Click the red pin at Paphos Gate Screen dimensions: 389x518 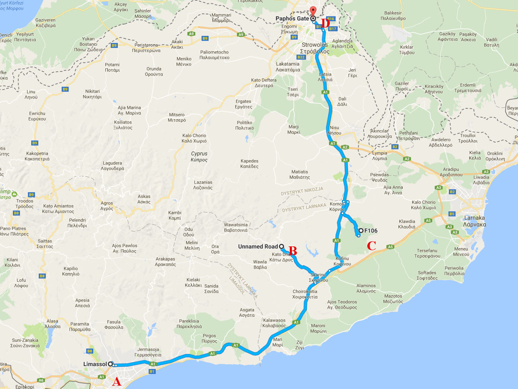313,12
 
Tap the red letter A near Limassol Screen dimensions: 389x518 117,382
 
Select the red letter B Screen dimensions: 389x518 293,250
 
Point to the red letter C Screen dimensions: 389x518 371,246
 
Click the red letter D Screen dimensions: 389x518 325,23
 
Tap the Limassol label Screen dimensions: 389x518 95,364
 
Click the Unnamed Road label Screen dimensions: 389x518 258,246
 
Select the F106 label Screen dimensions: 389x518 371,230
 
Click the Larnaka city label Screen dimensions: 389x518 475,221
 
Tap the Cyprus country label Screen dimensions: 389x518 199,156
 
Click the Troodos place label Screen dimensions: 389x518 25,204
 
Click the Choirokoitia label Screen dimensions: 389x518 305,294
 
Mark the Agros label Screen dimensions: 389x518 107,206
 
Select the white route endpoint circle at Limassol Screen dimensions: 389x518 111,364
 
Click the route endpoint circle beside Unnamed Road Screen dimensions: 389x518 281,246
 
